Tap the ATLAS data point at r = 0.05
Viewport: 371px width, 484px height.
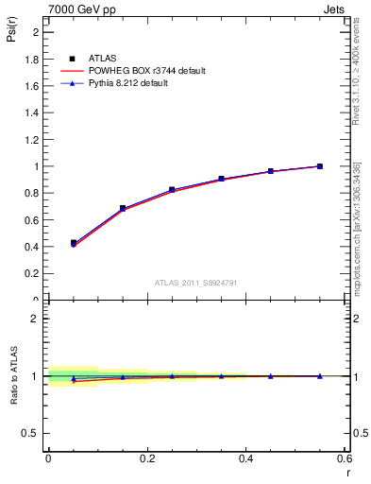74,243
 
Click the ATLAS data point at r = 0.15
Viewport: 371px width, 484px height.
123,208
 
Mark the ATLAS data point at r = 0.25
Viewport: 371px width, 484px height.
172,190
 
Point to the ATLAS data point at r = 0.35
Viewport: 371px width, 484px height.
221,179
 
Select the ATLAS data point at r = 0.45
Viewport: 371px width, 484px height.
271,171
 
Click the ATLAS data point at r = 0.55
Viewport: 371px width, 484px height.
320,166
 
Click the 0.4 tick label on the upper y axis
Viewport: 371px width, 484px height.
34,247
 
